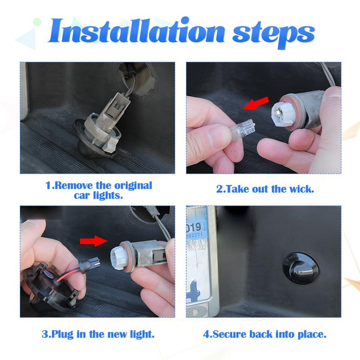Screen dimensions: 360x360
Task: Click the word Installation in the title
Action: (x=136, y=31)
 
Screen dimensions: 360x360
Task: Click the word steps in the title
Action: (x=274, y=35)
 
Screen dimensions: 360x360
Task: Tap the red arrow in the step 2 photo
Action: (x=256, y=103)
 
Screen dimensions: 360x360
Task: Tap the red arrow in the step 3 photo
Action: (x=94, y=241)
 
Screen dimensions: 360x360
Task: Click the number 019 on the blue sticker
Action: (x=194, y=227)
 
